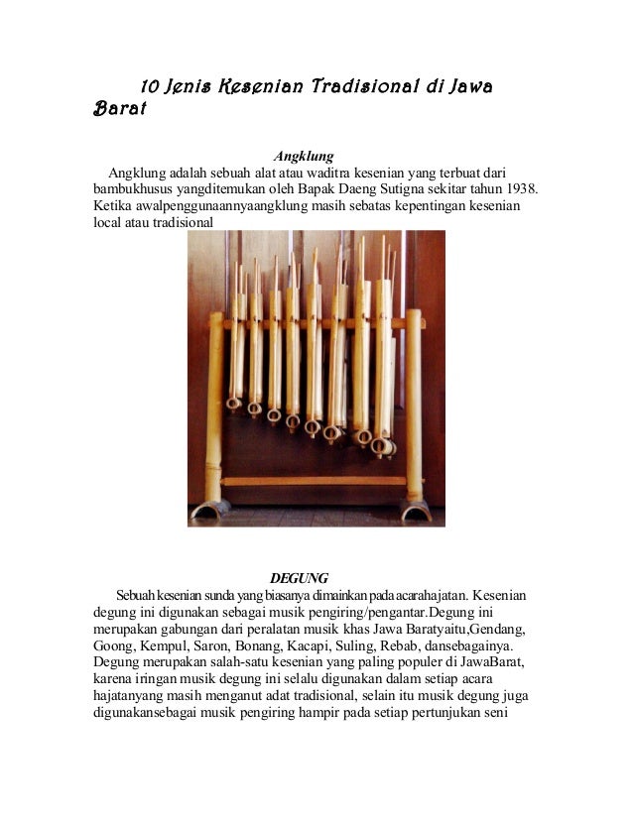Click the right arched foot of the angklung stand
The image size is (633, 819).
[415, 510]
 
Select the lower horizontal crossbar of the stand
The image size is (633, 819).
[314, 481]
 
